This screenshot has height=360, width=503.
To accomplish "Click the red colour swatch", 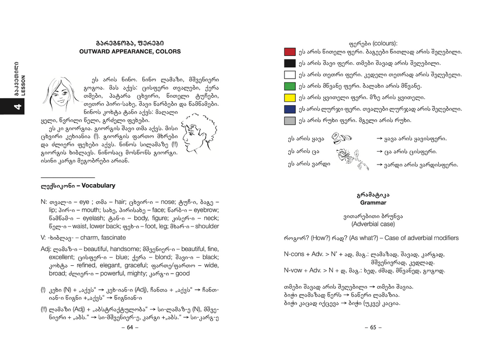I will [290, 52].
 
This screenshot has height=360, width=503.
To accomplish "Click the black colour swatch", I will [290, 63].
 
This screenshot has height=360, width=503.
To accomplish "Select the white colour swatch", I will [290, 75].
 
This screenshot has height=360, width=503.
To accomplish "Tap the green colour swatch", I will [290, 86].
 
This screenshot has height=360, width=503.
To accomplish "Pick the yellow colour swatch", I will [290, 98].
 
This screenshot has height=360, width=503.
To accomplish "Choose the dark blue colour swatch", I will [290, 109].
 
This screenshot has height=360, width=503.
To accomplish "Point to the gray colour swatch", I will [290, 121].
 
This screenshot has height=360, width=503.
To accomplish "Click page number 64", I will [130, 327].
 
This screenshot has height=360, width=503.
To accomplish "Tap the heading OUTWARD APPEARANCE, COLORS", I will [130, 52].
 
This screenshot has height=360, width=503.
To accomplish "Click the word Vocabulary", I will [99, 186].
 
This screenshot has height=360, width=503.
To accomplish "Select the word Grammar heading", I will [373, 203].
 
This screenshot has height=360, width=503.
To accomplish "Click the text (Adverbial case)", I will [373, 224].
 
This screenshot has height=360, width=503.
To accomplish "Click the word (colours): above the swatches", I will [385, 43].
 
